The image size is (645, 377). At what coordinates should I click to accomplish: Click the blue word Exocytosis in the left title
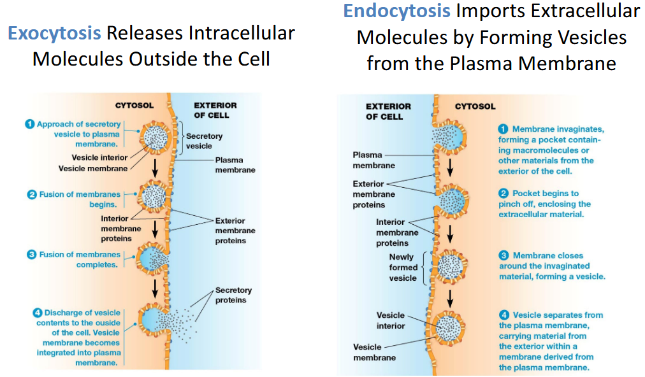coord(54,33)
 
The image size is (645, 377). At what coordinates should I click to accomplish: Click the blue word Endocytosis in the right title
coord(397,11)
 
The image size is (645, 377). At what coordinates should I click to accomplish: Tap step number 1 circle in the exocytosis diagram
coord(29,124)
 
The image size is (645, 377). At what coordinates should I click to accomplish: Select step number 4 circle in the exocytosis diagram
coord(38,313)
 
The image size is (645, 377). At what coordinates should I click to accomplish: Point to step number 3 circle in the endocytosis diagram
coord(504,255)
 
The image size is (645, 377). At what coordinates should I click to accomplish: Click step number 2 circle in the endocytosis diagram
coord(503,193)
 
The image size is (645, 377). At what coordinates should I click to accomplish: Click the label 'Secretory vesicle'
coord(204,141)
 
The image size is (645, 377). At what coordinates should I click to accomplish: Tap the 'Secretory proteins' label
coord(233,295)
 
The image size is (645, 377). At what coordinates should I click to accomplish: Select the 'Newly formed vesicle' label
coord(403,267)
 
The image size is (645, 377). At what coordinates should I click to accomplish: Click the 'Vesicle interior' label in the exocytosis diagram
coord(99,157)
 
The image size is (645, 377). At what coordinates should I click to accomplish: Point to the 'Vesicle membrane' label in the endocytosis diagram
coord(374,352)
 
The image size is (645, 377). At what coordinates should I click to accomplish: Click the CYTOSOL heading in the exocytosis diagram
coord(134,106)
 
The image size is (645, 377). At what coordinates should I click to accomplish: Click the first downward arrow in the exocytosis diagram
coord(155,167)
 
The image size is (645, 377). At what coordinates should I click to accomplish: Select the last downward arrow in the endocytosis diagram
coord(450,299)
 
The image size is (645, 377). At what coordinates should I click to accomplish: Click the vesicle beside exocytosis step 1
coord(156,138)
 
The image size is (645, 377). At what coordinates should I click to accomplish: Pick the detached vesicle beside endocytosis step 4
coord(449,328)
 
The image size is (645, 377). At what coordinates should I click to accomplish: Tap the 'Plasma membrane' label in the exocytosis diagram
coord(235,165)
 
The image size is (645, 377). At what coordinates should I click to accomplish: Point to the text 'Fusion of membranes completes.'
coord(80,259)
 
